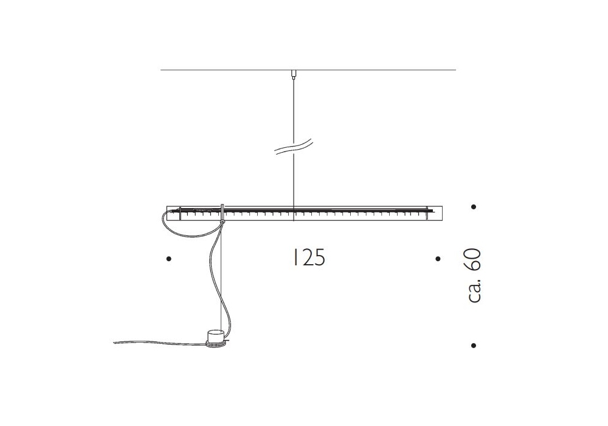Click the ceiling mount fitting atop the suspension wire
294,74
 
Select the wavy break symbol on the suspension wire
294,147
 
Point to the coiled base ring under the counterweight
217,343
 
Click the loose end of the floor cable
114,342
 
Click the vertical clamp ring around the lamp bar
223,212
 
